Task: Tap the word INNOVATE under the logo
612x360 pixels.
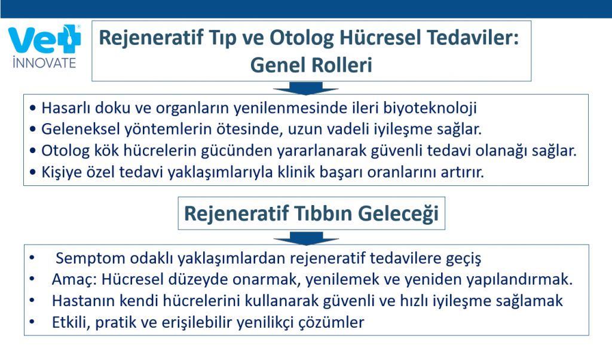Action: [x=44, y=63]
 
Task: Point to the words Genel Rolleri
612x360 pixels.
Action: [x=311, y=65]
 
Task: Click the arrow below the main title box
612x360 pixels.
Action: [x=305, y=89]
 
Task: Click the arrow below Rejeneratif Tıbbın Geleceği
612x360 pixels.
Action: [x=306, y=238]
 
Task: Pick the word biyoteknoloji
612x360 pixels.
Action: [x=430, y=108]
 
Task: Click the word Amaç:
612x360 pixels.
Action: [x=74, y=280]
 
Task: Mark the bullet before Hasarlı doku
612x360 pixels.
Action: [x=33, y=108]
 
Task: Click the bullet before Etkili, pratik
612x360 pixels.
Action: [x=32, y=322]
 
